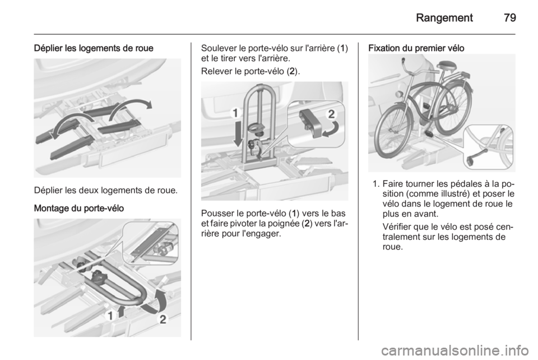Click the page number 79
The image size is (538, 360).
(510, 17)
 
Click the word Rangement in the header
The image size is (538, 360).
(444, 18)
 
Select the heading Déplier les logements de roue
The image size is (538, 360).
(94, 48)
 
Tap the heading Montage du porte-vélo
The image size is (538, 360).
(79, 208)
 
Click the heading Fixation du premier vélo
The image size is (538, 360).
(416, 48)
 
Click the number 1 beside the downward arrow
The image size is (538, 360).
(235, 113)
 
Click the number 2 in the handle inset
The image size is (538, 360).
(331, 114)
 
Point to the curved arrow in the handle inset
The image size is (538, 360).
(331, 130)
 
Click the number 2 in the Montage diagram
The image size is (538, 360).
(163, 320)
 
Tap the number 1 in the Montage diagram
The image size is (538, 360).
(110, 316)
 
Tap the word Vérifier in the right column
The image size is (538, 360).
(397, 227)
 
